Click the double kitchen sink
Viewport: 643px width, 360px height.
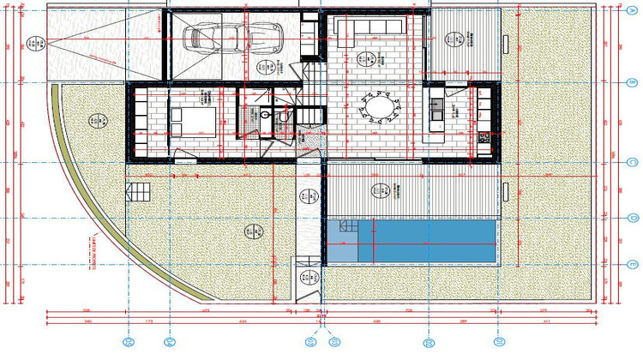[436, 110]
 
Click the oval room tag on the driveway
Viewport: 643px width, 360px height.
[31, 43]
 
